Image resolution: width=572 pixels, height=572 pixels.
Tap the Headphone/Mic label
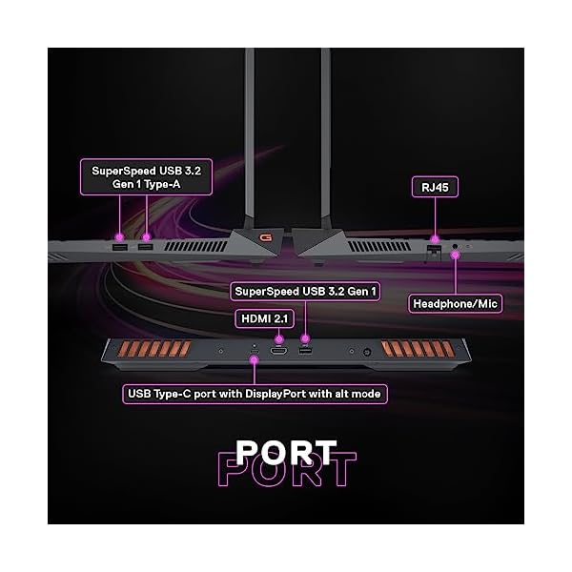[457, 304]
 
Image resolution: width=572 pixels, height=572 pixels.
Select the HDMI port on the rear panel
[279, 353]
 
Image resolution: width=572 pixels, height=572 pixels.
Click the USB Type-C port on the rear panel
[254, 357]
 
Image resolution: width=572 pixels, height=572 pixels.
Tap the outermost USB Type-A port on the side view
[120, 249]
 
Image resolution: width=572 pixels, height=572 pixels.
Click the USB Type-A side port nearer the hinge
[145, 249]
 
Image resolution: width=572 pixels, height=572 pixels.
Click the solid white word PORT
[285, 449]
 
